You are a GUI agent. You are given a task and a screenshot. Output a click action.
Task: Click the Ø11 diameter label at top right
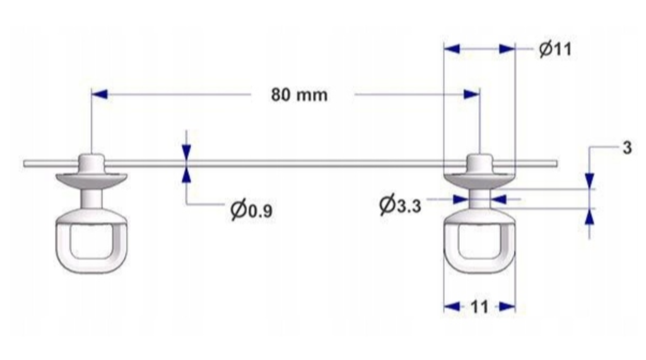(555, 49)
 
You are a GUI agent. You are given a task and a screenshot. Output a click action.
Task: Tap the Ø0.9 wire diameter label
(251, 211)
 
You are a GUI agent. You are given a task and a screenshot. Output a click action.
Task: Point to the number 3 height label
(626, 149)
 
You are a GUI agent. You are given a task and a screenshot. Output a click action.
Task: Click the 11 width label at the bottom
(479, 307)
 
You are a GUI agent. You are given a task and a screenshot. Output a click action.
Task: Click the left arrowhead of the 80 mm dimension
(100, 95)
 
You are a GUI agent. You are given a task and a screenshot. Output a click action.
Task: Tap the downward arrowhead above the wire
(186, 152)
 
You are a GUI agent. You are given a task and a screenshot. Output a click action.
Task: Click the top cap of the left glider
(91, 161)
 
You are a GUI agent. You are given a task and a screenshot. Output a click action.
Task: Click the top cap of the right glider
(480, 161)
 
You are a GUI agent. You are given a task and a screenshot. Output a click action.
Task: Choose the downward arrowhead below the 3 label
(589, 180)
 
